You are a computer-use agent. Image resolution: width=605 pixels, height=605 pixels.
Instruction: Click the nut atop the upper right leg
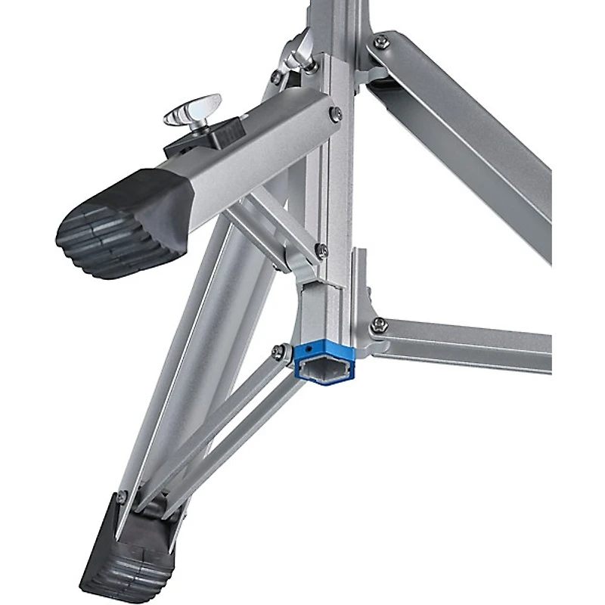tap(380, 42)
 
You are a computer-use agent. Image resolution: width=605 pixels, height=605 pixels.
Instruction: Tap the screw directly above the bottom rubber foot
tap(122, 497)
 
